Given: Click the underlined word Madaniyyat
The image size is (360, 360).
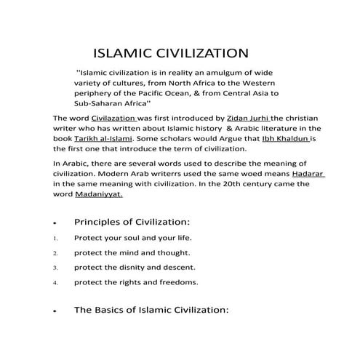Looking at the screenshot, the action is pyautogui.click(x=100, y=194).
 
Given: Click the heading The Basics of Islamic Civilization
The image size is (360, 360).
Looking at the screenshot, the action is pyautogui.click(x=151, y=310).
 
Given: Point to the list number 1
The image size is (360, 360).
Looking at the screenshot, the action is pyautogui.click(x=55, y=239).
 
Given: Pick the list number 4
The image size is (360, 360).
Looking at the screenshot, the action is pyautogui.click(x=55, y=282).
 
